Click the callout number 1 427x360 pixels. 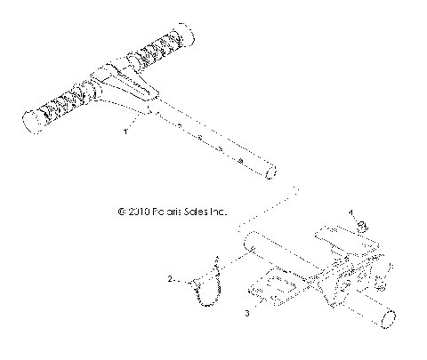(125, 132)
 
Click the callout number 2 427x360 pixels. (168, 279)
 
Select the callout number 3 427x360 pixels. (247, 313)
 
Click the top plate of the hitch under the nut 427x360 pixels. (334, 234)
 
